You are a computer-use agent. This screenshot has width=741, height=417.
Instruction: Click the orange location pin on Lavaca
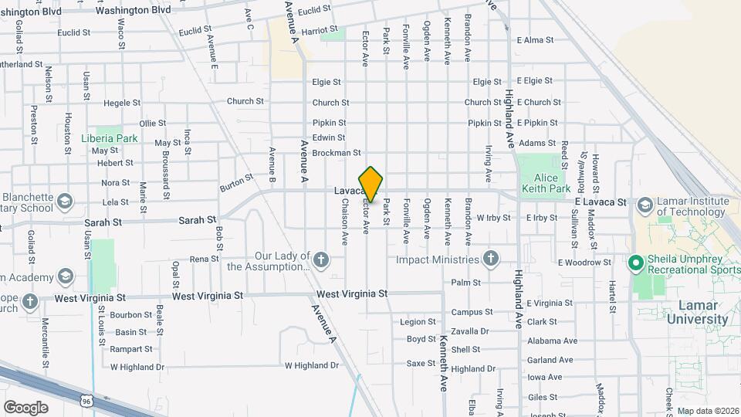[371, 185]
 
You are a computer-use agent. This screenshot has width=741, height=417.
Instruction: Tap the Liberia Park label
[109, 139]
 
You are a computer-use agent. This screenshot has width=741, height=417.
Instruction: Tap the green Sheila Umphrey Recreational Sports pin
[637, 263]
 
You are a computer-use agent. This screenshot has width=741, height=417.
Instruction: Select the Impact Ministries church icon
[490, 258]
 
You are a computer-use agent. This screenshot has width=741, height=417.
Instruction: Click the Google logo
[25, 407]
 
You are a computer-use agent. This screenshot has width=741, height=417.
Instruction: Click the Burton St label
[236, 182]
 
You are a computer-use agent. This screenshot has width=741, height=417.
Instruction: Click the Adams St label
[537, 143]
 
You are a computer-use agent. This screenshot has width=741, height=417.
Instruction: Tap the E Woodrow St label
[584, 263]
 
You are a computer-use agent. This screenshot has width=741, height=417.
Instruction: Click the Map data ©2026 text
[708, 411]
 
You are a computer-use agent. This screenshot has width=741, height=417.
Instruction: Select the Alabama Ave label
[552, 341]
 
